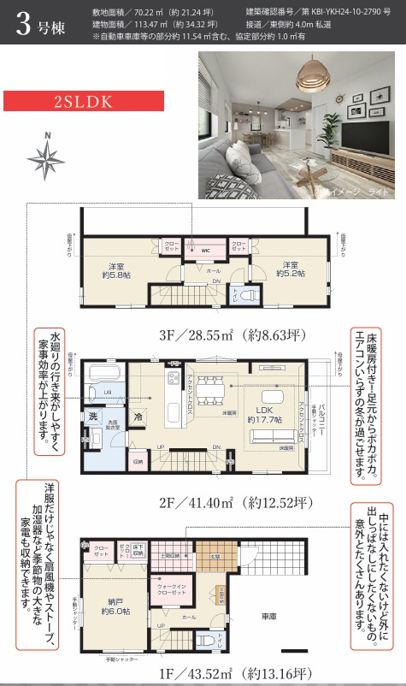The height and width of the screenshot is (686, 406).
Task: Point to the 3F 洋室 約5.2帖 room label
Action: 287,269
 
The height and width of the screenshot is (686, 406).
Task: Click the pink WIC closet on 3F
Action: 206,248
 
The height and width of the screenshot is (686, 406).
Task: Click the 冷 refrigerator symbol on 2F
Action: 138,415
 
